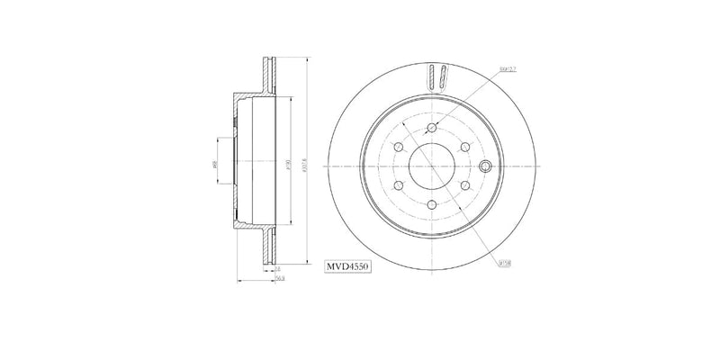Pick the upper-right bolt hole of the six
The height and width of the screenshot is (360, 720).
[x=465, y=147]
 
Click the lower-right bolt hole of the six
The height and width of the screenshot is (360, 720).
[x=465, y=185]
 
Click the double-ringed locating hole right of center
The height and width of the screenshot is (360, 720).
[x=485, y=166]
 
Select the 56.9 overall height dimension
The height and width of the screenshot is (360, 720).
[x=280, y=280]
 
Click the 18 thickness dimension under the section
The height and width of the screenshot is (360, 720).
[x=277, y=268]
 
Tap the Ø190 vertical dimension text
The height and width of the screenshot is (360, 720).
[x=287, y=164]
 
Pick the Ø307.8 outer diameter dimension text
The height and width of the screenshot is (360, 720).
[x=307, y=164]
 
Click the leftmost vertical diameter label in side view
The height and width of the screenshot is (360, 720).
[x=215, y=164]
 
